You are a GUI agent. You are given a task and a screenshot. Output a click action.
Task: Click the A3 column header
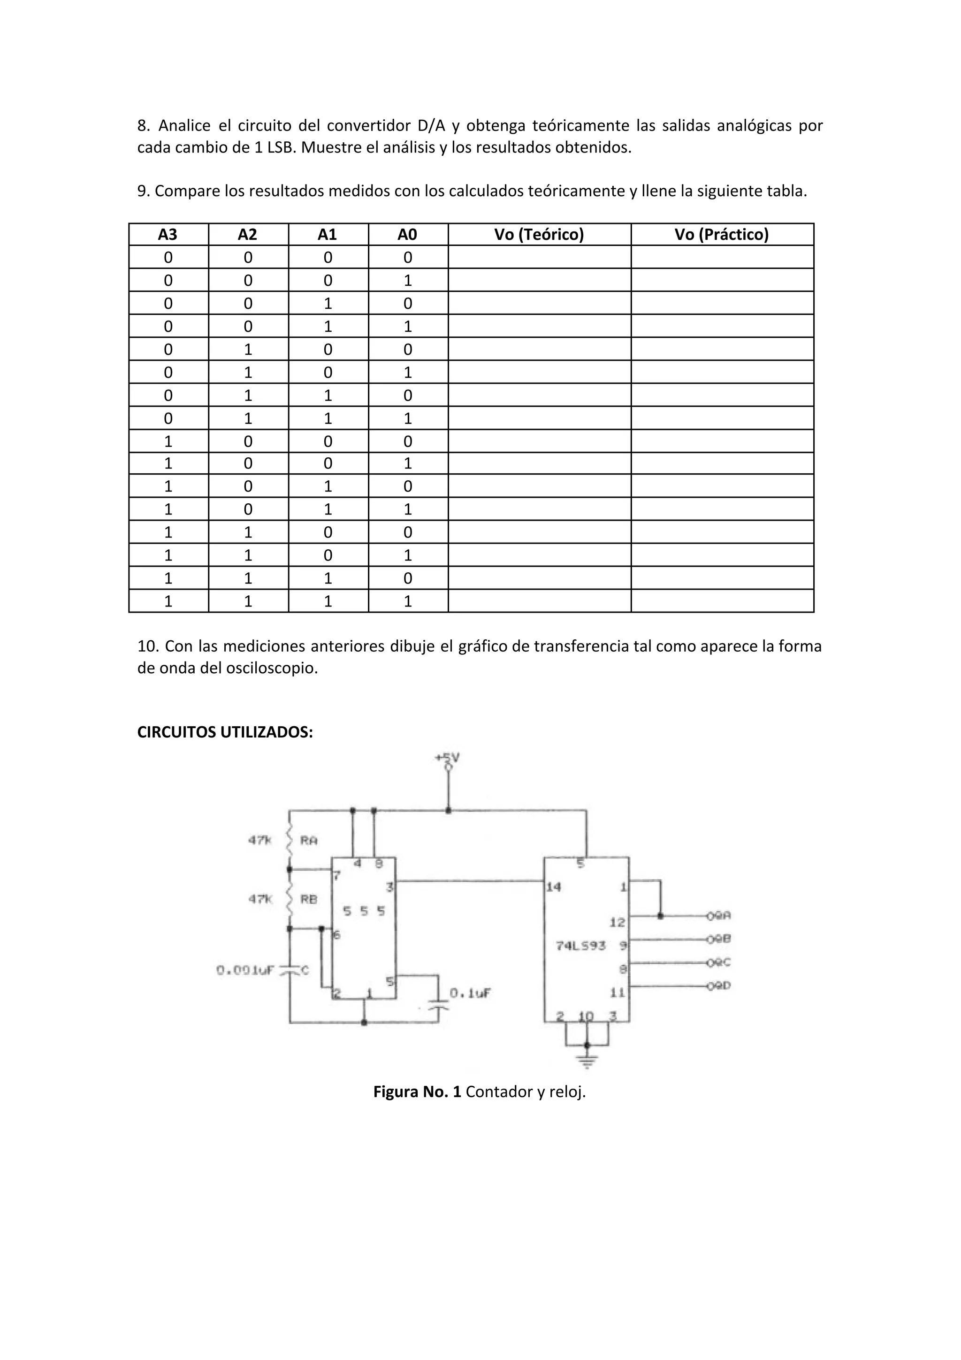168,235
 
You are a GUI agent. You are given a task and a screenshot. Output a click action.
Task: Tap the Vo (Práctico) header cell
721,235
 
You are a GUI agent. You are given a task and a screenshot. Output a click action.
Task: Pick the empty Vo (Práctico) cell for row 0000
722,257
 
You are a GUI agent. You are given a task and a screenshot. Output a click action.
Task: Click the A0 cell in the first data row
407,257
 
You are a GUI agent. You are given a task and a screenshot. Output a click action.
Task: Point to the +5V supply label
448,758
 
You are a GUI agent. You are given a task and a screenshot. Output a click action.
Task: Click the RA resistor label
308,840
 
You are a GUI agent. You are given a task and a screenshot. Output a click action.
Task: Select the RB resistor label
308,899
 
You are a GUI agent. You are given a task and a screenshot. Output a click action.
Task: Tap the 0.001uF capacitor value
245,970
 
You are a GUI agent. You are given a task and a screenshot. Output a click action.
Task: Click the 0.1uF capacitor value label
470,993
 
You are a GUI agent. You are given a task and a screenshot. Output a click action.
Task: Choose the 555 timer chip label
364,911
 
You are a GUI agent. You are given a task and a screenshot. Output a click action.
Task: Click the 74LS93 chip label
580,946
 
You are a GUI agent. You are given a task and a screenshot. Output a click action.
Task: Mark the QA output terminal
719,916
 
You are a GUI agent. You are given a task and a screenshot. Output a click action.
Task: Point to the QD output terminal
719,986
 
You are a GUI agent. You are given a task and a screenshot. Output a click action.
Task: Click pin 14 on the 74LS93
554,887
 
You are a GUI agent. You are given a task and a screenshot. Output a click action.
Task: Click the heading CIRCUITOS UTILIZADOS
225,732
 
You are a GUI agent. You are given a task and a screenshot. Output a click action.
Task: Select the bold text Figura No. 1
417,1091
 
